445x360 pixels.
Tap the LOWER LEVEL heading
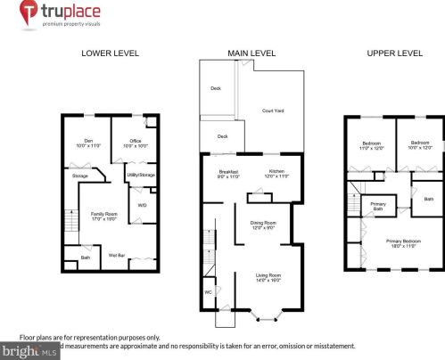click(x=110, y=53)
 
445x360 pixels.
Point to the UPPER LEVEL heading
click(x=394, y=53)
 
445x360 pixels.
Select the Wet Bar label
click(x=116, y=256)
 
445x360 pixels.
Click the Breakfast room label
click(x=229, y=174)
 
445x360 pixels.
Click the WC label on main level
click(x=209, y=290)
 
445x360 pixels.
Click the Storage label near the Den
click(x=80, y=176)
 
